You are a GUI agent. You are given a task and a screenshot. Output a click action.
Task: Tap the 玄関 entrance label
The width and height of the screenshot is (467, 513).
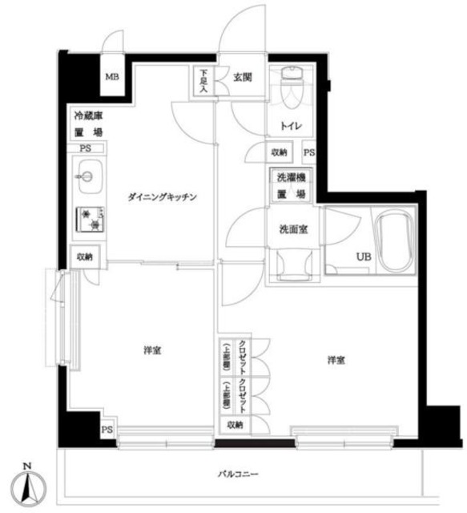243,77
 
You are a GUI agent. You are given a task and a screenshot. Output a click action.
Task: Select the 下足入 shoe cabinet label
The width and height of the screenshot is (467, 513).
203,83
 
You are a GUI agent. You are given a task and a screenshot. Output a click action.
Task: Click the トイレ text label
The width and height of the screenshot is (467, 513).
290,127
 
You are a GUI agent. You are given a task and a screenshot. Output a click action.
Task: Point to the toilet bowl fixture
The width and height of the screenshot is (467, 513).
291,87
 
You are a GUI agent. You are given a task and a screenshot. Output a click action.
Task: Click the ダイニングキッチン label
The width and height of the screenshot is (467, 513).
160,196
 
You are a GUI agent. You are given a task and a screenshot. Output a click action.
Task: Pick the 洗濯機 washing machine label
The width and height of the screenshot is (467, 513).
291,178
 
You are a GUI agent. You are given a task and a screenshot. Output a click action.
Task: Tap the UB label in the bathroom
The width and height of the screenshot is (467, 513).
364,256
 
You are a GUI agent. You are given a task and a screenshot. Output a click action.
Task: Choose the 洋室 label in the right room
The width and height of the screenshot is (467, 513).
336,360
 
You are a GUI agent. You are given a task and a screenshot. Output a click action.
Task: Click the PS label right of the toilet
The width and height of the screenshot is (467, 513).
309,152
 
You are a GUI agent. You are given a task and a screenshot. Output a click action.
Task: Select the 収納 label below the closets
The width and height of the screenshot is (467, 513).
234,425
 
